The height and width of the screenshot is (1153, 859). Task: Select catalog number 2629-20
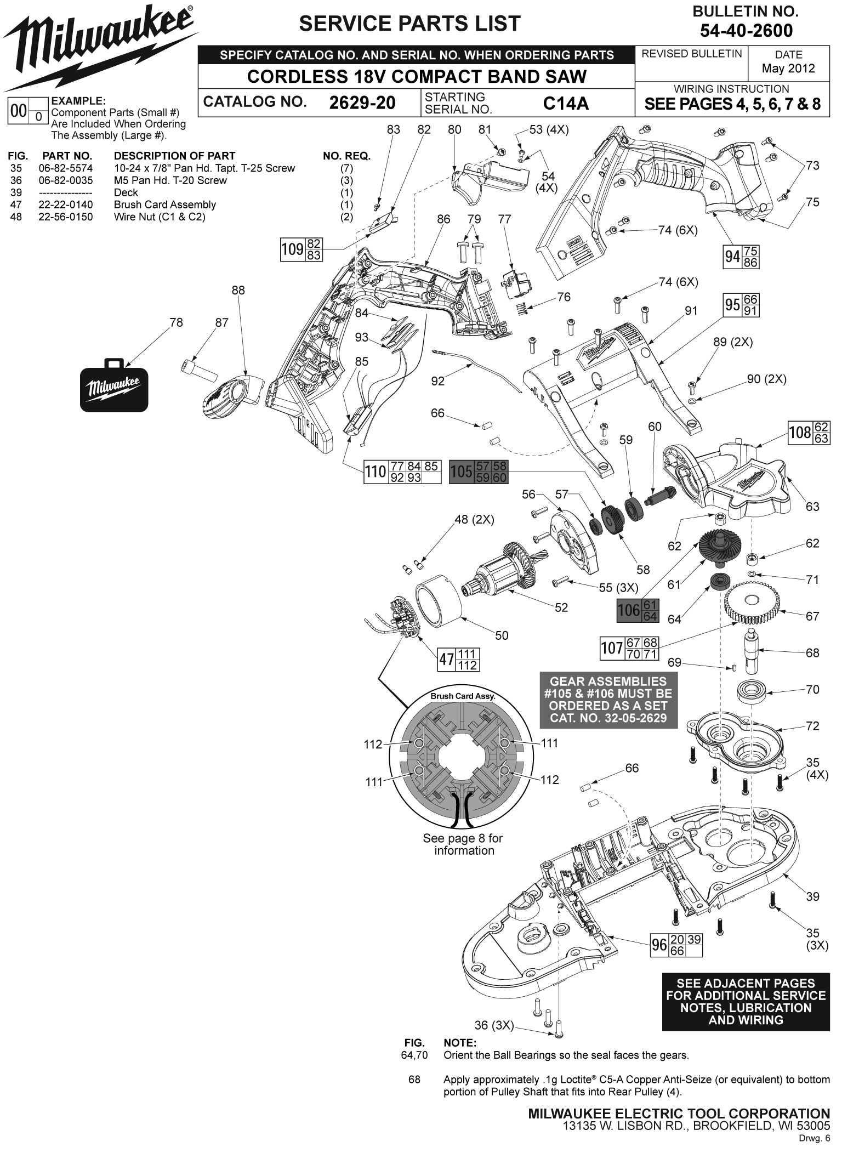(362, 103)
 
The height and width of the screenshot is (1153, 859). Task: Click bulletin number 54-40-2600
(746, 31)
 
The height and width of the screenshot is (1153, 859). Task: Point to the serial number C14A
(565, 103)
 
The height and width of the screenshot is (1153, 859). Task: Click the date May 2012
(788, 69)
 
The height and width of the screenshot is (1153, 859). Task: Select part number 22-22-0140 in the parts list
(66, 205)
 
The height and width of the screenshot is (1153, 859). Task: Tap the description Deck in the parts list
(126, 192)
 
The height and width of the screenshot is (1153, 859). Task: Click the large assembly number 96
(659, 945)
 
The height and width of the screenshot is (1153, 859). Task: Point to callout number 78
(176, 322)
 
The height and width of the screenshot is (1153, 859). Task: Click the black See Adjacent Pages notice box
(746, 1002)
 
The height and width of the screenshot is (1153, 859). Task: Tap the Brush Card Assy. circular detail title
(463, 696)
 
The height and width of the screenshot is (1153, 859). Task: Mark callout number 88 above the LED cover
(238, 290)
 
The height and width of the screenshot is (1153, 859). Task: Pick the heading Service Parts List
(409, 24)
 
